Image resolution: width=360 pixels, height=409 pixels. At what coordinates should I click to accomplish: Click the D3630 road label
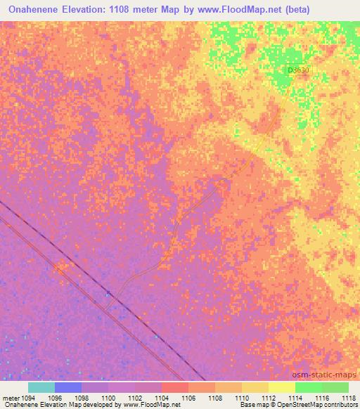click(x=298, y=70)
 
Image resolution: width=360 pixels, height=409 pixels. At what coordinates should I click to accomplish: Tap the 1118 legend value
click(x=348, y=397)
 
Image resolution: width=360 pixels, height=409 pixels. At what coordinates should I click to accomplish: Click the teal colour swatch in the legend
click(x=41, y=387)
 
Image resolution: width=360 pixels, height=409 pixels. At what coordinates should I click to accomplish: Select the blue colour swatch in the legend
click(x=68, y=387)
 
